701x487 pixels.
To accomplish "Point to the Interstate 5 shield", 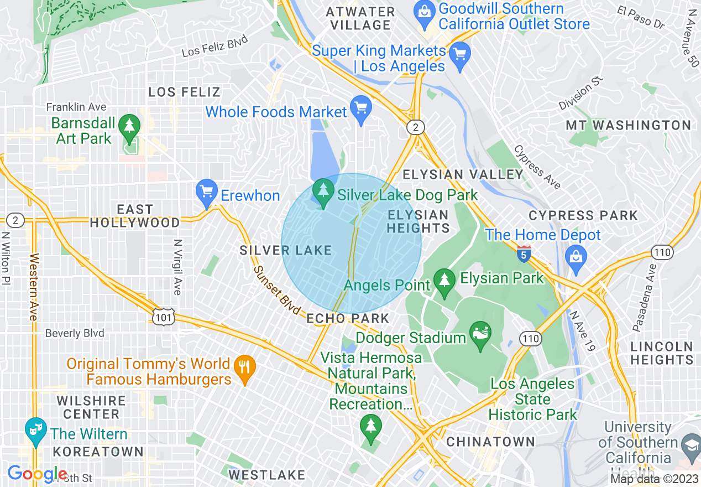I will pyautogui.click(x=524, y=254).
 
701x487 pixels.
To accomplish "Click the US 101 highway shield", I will pyautogui.click(x=165, y=317).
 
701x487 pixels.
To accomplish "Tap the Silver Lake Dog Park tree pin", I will pyautogui.click(x=323, y=191).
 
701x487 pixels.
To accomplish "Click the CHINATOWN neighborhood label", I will pyautogui.click(x=490, y=442).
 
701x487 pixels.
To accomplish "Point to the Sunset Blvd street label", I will pyautogui.click(x=277, y=290).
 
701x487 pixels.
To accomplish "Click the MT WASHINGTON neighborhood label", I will pyautogui.click(x=628, y=126).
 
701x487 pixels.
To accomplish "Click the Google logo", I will pyautogui.click(x=37, y=474).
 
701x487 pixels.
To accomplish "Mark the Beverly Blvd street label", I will pyautogui.click(x=75, y=333).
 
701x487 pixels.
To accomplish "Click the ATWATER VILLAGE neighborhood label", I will pyautogui.click(x=360, y=18).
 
